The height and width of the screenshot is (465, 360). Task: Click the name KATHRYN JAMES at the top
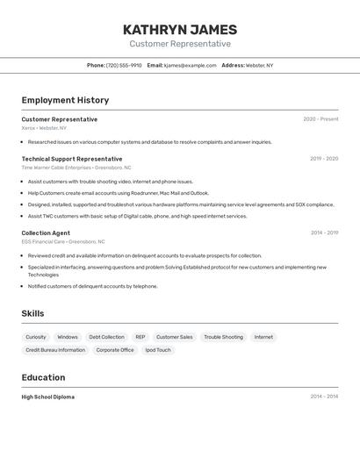click(180, 30)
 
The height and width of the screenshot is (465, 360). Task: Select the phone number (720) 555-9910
click(124, 65)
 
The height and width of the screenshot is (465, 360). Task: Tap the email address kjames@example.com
click(190, 65)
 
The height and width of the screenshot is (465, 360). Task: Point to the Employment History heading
click(65, 100)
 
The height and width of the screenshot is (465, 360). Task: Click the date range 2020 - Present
click(320, 119)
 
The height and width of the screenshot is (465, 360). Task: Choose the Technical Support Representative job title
click(72, 159)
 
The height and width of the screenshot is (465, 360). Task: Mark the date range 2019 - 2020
click(324, 159)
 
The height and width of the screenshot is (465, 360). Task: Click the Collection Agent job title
click(46, 233)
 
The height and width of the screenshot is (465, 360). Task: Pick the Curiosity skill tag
click(36, 337)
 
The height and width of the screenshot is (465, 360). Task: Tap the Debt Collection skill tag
click(106, 337)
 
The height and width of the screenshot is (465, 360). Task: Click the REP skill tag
click(140, 337)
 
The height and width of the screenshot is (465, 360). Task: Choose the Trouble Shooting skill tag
click(223, 337)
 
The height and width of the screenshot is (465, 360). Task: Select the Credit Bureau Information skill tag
click(55, 350)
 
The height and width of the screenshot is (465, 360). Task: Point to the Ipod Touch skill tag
click(158, 350)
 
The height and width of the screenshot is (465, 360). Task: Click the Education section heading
click(43, 377)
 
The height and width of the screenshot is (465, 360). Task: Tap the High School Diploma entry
click(48, 397)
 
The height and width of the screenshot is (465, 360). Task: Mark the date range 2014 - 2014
click(324, 397)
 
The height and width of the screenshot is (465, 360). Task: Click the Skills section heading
click(32, 313)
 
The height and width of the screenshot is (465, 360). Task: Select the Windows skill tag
click(68, 337)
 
